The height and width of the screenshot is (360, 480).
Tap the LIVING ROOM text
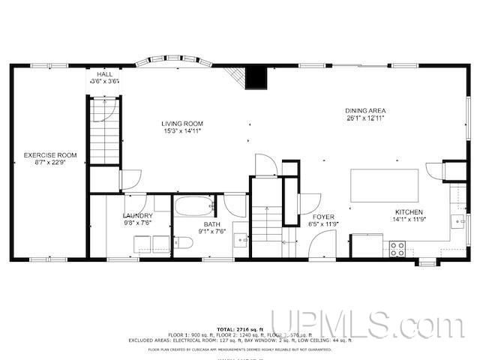click(x=182, y=123)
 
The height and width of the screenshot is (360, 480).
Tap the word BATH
click(x=211, y=223)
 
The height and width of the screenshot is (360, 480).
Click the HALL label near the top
click(x=104, y=75)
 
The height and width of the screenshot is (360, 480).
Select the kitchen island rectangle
click(x=384, y=184)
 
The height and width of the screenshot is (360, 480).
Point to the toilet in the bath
click(x=182, y=243)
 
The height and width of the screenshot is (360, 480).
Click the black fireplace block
click(x=257, y=76)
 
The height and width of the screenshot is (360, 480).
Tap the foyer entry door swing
click(x=322, y=244)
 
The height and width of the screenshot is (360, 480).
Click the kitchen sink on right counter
click(x=456, y=221)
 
